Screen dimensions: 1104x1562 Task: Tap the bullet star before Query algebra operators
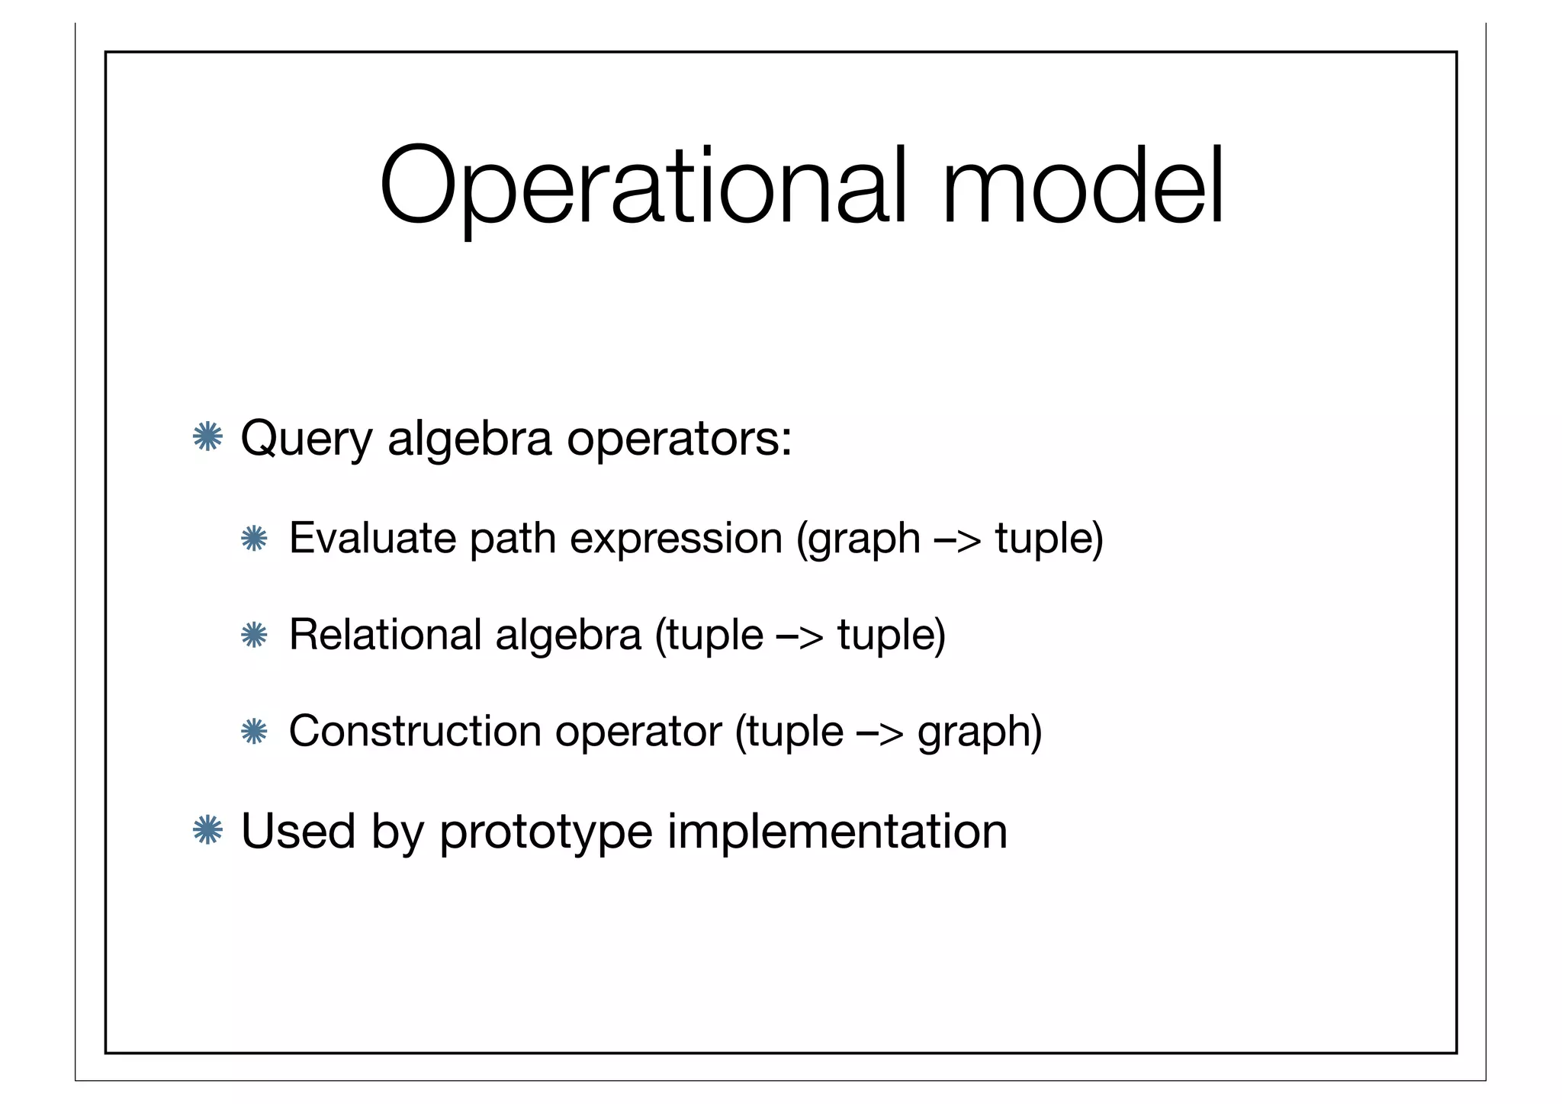tap(207, 438)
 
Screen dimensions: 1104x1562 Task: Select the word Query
tap(306, 439)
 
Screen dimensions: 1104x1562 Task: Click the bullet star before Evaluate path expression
tap(253, 539)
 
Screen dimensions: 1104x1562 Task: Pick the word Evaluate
tap(371, 538)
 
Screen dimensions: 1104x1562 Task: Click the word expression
tap(676, 539)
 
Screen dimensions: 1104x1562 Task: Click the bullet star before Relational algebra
tap(253, 635)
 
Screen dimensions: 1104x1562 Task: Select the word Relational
tap(385, 634)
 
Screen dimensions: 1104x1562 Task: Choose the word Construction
tap(414, 731)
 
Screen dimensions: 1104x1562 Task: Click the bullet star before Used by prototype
tap(207, 830)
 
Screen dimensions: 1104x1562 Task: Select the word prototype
tap(545, 832)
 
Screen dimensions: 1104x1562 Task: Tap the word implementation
tap(837, 832)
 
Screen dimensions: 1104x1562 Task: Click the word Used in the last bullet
tap(298, 830)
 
